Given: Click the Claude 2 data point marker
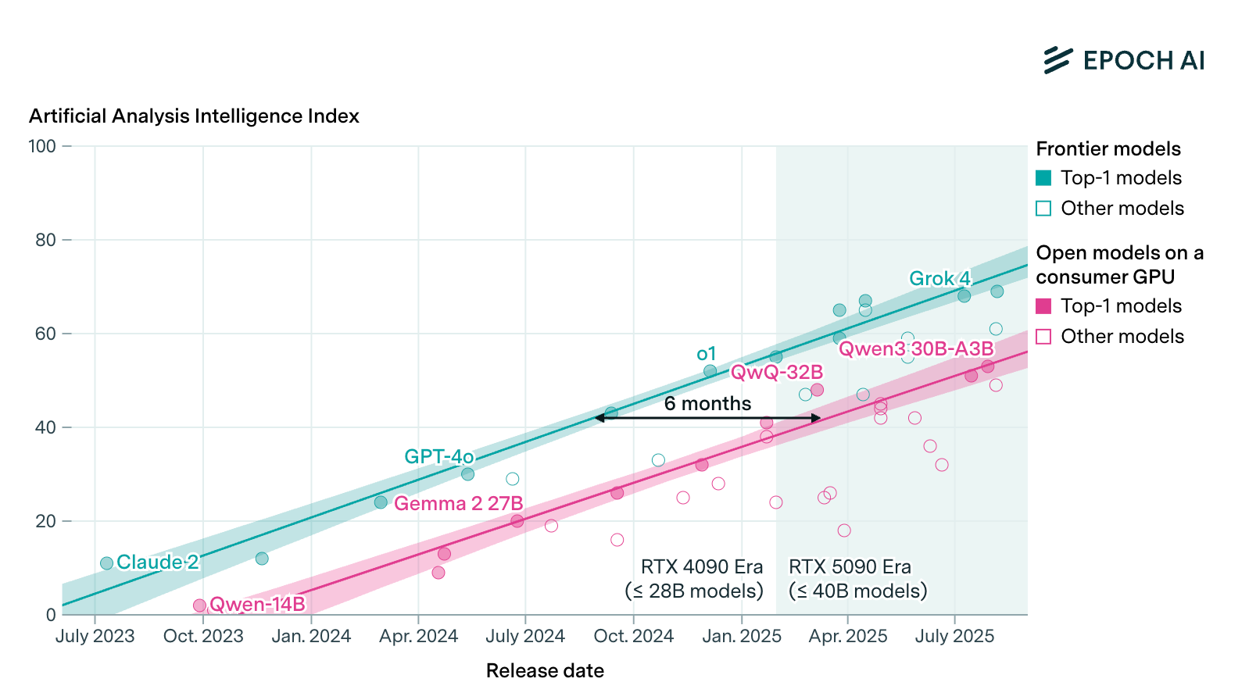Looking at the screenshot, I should (107, 563).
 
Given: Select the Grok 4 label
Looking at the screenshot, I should (939, 279).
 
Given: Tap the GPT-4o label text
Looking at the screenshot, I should (438, 457).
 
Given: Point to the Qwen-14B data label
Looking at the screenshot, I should (257, 604).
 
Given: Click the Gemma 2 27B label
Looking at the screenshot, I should (458, 504).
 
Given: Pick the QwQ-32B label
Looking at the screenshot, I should (776, 373).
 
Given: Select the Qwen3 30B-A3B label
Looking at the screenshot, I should (916, 349).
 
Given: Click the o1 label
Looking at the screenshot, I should (706, 354).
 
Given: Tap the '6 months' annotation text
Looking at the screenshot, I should (707, 404).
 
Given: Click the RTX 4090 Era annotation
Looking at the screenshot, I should (694, 579).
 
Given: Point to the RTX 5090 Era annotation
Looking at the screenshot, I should (857, 579).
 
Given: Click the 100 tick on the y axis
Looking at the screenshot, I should (42, 146).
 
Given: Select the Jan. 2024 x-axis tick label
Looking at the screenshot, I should (311, 637).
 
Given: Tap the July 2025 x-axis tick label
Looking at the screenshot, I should (954, 637).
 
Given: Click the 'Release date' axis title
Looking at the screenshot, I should (545, 671).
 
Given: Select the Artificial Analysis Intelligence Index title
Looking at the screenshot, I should (194, 116).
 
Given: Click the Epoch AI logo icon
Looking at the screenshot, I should (1058, 60).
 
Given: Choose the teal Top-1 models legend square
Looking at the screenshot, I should (1043, 178).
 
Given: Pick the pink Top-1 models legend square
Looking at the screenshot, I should (1043, 306).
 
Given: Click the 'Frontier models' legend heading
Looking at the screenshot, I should (1108, 149).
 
